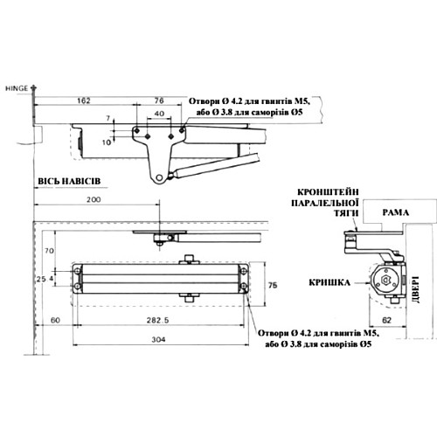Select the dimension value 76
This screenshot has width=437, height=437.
(x=159, y=102)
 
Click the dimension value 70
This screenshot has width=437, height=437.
(x=51, y=250)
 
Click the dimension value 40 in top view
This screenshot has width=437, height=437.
(x=159, y=114)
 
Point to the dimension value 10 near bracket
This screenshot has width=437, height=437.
(x=108, y=141)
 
